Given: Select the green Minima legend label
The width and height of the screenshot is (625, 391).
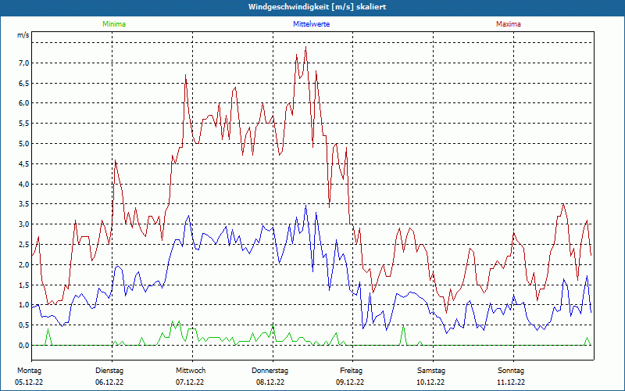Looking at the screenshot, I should [114, 24].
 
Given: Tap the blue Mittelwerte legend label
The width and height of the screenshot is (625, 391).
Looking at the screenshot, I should [311, 24].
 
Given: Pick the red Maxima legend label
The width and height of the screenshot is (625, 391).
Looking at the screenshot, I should [508, 24].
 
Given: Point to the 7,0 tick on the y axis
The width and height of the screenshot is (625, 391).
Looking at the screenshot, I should [23, 63].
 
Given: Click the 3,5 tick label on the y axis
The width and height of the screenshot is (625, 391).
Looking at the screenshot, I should [23, 204].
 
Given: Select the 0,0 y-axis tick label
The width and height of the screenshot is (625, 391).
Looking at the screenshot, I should [23, 345].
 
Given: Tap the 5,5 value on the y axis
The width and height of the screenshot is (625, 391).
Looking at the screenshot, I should [23, 124].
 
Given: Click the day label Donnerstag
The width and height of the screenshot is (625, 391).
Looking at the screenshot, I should [270, 370].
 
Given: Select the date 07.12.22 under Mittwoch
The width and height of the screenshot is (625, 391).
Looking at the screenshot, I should [190, 382].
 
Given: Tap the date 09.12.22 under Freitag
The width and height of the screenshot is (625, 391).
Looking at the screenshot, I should [351, 382].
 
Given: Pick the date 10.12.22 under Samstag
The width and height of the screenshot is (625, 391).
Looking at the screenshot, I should [430, 382].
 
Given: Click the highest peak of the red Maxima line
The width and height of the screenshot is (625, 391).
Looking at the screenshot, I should [305, 48].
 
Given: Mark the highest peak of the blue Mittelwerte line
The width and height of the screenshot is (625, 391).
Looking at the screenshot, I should [305, 206].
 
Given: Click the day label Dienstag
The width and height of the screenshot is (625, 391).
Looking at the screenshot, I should [109, 370].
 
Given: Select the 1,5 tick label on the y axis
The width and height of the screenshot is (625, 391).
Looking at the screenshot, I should [23, 285].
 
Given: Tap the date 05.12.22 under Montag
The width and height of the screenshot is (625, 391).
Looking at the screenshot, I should [30, 382].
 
